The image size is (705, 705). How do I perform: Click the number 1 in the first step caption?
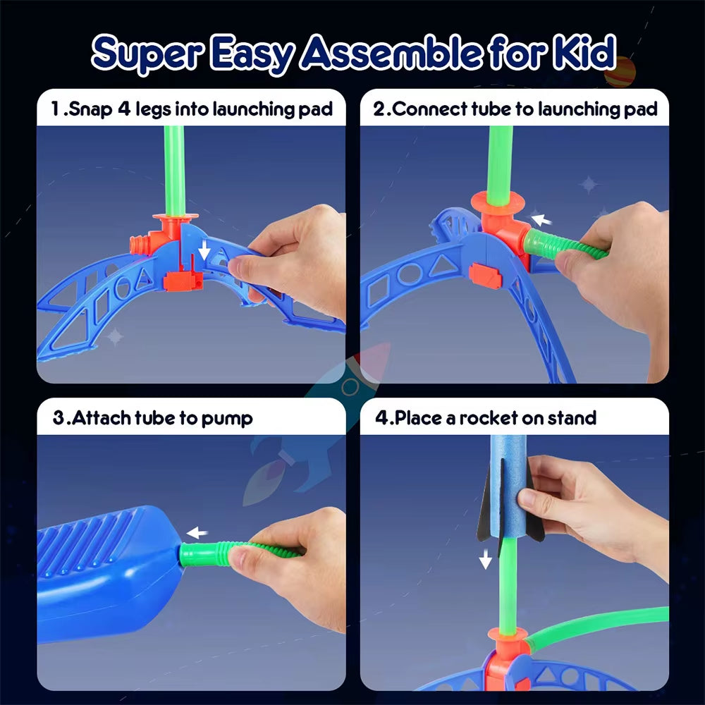[56, 109]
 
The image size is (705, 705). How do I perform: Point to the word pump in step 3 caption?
[227, 418]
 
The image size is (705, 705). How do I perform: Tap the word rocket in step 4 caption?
[489, 418]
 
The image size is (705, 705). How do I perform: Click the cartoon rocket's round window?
[350, 386]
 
